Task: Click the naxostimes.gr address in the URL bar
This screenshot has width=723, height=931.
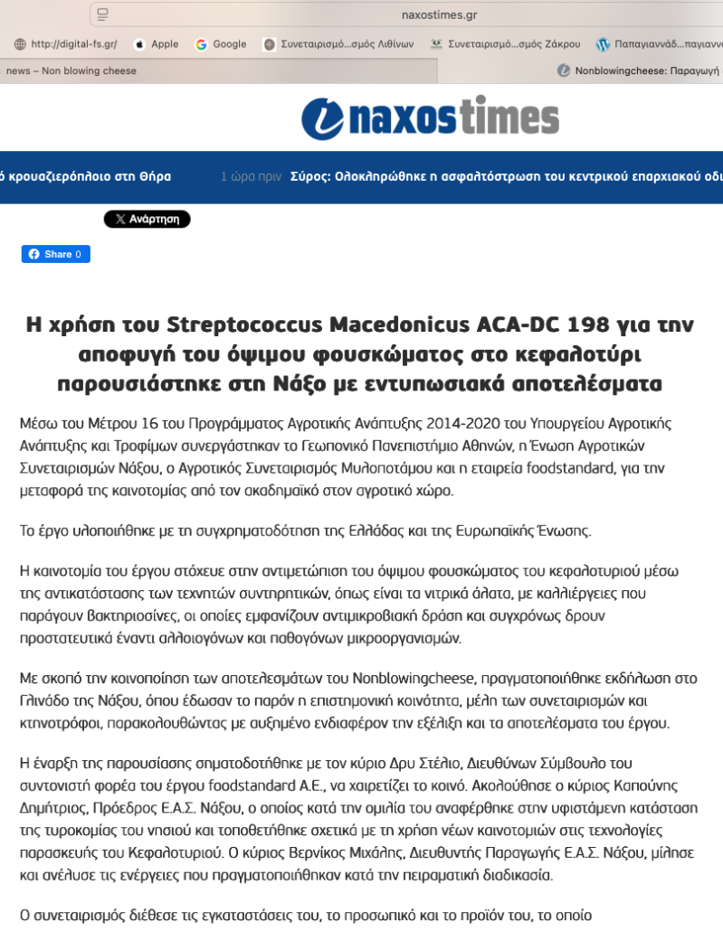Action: coord(439,14)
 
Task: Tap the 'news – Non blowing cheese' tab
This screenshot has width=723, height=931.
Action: coord(71,71)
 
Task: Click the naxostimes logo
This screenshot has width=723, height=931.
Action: coord(430,119)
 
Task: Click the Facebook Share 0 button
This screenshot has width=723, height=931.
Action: coord(55,254)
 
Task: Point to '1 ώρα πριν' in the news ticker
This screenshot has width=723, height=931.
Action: coord(251,176)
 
